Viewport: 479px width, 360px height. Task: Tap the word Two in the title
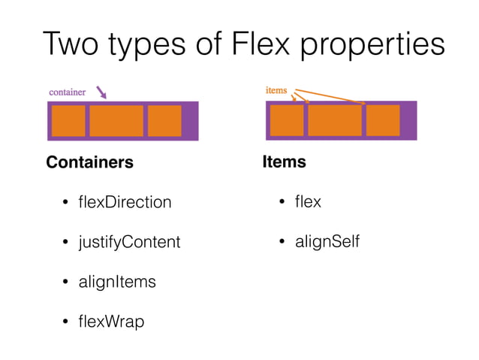72,44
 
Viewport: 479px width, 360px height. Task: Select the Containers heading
89,162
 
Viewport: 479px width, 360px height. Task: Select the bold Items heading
284,162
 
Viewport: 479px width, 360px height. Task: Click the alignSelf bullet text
327,242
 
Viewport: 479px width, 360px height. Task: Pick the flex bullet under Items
308,202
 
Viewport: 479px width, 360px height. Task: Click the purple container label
67,92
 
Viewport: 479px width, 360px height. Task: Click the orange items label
276,90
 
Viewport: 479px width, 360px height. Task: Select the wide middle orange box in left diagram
116,121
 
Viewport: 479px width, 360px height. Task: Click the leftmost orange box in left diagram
68,121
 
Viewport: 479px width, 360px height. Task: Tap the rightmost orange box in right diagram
382,121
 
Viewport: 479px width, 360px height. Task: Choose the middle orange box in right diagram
334,121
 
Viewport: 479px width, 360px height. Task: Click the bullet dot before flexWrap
65,322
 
